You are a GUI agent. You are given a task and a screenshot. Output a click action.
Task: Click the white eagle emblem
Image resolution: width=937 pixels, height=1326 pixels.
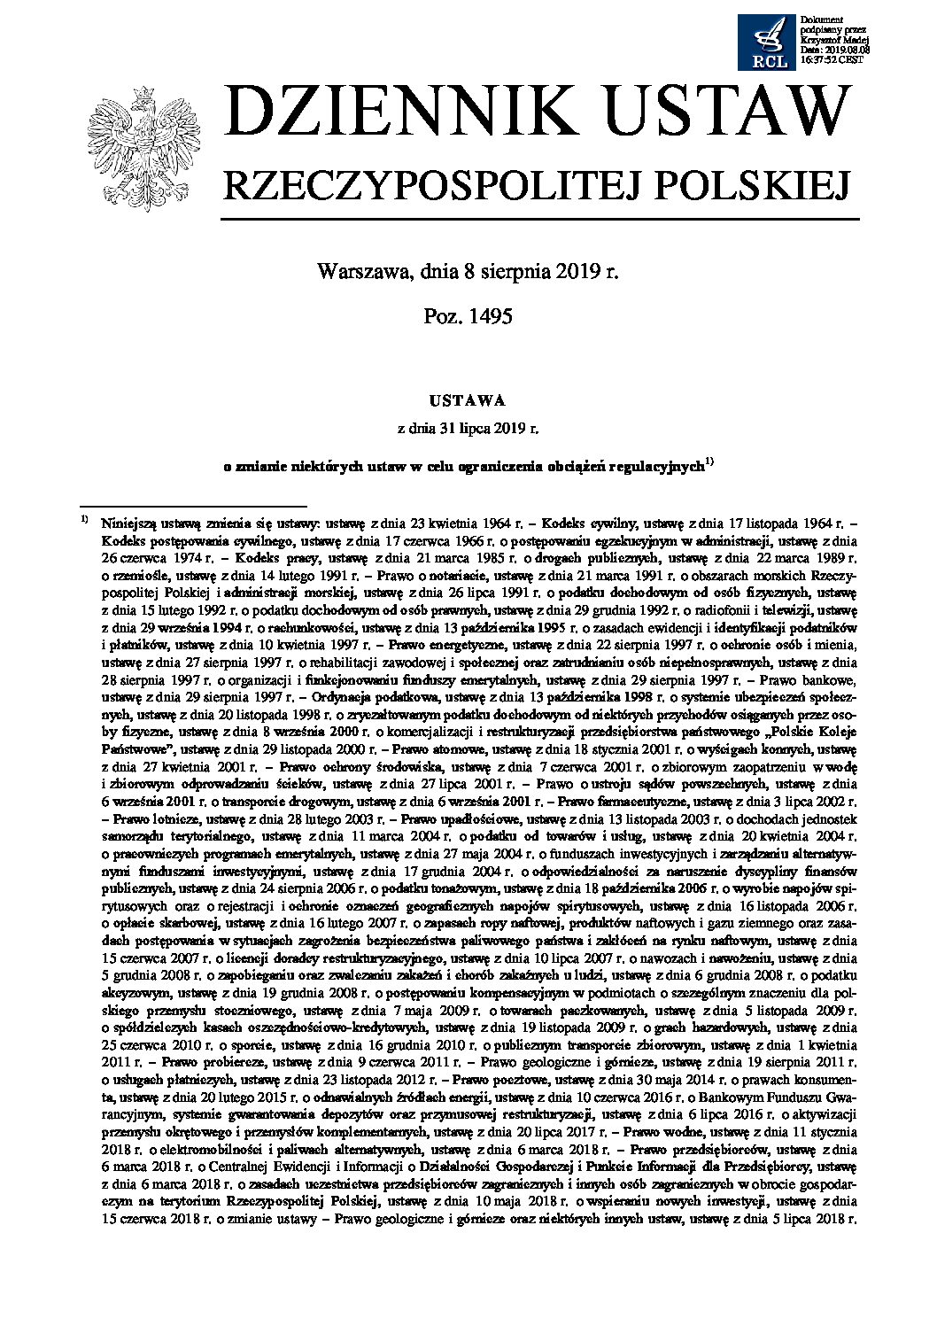(x=141, y=148)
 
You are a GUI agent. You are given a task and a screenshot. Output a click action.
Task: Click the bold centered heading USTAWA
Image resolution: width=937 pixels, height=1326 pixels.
(x=468, y=400)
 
